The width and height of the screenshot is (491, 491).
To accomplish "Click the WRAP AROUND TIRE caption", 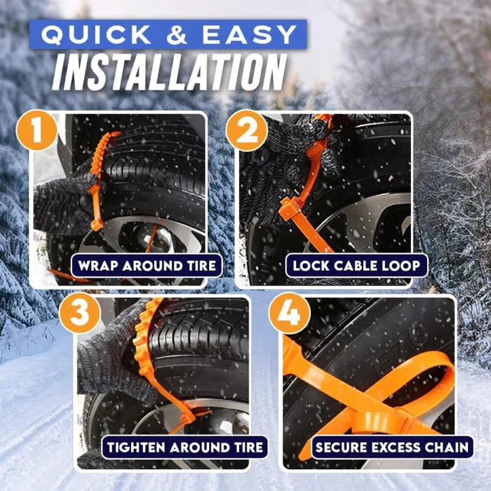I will point(147,266).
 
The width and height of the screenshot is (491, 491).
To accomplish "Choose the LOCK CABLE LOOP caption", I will point(356,266).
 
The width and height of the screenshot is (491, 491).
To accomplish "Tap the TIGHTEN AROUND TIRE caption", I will point(184,446).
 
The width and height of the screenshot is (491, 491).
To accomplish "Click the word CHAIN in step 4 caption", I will point(447,446).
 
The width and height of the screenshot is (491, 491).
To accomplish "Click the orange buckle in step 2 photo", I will point(291,209).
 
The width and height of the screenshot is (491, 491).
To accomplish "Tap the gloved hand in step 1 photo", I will point(60,203).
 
